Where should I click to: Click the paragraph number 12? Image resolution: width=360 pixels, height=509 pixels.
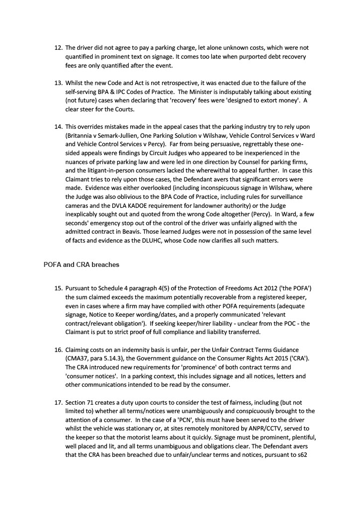tap(57, 48)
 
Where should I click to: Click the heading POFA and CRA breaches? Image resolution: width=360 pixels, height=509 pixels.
tap(82, 265)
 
